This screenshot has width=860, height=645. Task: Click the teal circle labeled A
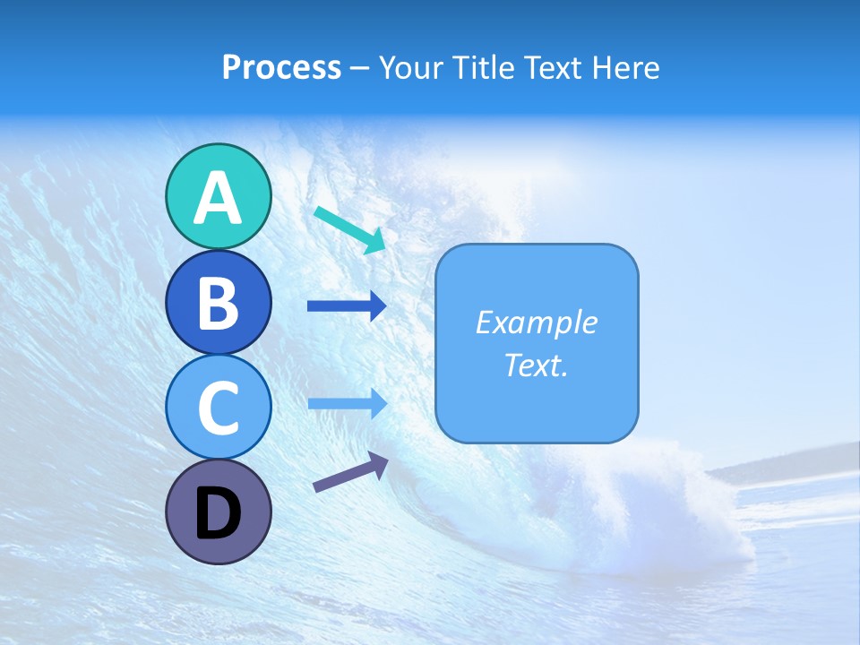[218, 196]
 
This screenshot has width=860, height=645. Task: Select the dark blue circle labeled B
[218, 302]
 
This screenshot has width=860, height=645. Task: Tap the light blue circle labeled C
[218, 407]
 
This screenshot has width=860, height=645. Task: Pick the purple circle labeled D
[218, 512]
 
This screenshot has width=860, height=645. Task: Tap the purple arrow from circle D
[350, 472]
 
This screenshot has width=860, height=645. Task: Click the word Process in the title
[281, 68]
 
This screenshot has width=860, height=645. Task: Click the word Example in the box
[537, 322]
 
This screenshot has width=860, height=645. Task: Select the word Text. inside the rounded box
[537, 365]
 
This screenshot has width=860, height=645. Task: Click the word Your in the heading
[413, 68]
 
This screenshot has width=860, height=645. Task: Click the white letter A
[218, 198]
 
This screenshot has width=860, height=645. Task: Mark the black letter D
[218, 513]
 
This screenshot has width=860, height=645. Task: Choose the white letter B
[218, 303]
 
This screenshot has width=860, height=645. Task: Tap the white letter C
[218, 408]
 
